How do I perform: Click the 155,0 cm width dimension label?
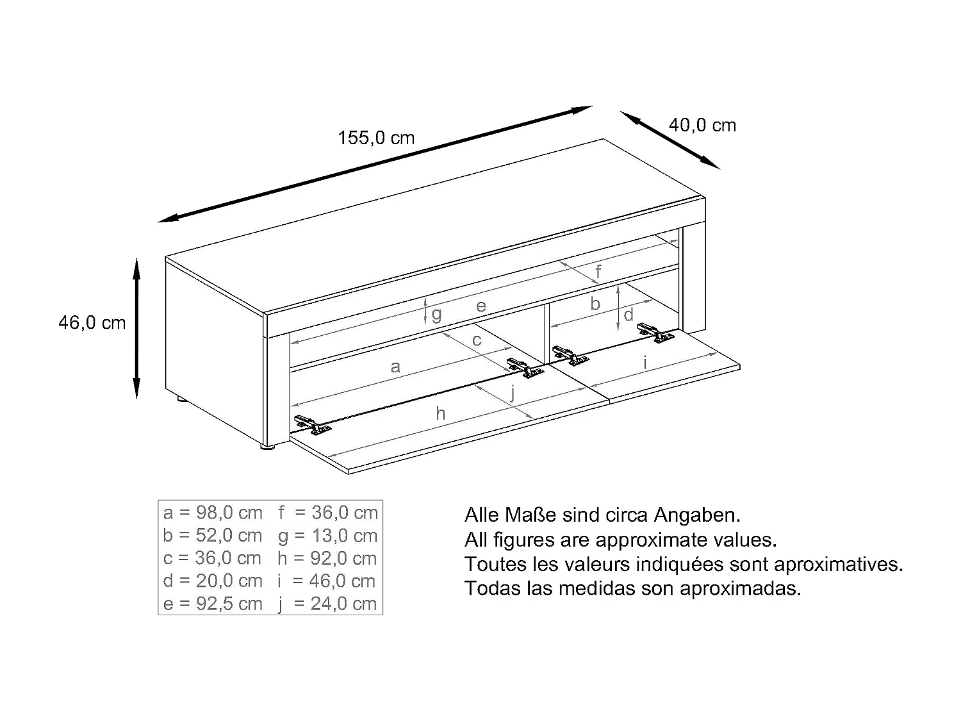click(x=376, y=138)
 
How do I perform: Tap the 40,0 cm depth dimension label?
click(x=702, y=125)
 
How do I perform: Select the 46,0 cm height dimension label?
click(x=92, y=322)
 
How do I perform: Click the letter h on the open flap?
click(x=440, y=414)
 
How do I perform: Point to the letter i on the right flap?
click(x=645, y=362)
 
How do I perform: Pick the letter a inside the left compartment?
click(x=395, y=367)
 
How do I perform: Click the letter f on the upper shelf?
click(x=598, y=272)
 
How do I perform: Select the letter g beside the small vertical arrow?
click(x=436, y=314)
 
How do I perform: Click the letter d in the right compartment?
click(x=628, y=315)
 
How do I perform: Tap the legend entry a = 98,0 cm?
click(x=213, y=513)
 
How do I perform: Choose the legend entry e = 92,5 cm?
click(x=213, y=604)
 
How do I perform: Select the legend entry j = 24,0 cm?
click(x=327, y=604)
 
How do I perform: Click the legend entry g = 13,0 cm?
click(x=327, y=536)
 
